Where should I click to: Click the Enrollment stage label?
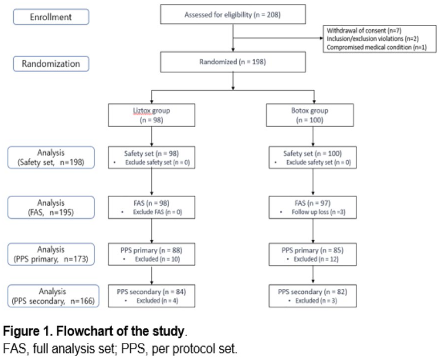pos(51,17)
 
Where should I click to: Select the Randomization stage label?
pos(51,64)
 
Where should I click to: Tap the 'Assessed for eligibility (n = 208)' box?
pos(233,14)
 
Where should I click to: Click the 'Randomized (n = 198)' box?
pos(233,62)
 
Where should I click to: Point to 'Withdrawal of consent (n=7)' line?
pos(364,30)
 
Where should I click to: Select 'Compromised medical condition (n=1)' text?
pos(377,47)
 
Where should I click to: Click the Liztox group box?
pos(151,115)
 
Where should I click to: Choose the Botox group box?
pos(309,115)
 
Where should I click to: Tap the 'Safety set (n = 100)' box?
pos(313,157)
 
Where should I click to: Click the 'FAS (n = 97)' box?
pos(313,207)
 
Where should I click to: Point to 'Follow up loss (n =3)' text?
pos(318,212)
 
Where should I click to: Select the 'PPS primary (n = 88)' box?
pos(151,254)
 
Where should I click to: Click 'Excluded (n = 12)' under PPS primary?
pos(316,259)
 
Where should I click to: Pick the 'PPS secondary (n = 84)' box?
pos(151,296)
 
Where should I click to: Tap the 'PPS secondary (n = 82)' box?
pos(313,296)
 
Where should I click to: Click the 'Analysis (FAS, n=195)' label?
pos(51,207)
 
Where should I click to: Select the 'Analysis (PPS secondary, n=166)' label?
pos(53,296)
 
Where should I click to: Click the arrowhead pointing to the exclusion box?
pos(321,38)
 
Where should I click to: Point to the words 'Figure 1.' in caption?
pos(28,331)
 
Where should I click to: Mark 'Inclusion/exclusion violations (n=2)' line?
pos(373,39)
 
